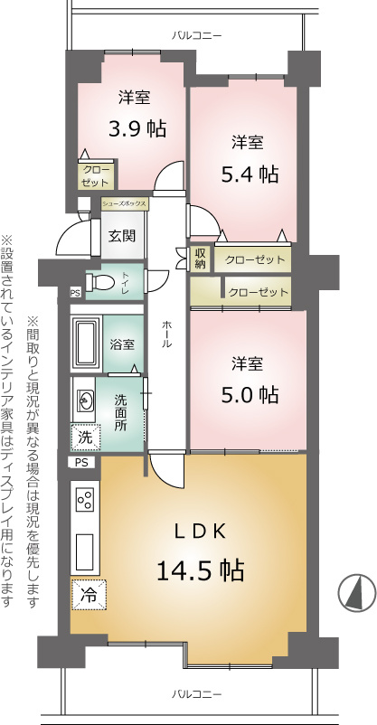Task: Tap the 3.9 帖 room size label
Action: click(x=137, y=128)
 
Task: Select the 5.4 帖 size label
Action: click(x=250, y=174)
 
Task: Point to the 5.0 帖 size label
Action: click(x=250, y=394)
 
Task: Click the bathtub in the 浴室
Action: click(x=87, y=344)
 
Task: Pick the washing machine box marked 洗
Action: click(x=85, y=437)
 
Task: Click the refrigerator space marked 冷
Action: click(x=89, y=595)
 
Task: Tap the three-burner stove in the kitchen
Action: click(x=85, y=500)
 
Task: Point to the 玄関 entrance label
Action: click(x=122, y=236)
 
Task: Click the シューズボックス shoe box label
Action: click(x=125, y=203)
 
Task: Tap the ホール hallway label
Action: click(x=166, y=334)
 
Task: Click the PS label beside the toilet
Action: click(x=75, y=293)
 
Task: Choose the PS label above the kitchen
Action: click(x=81, y=462)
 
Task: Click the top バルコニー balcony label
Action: click(x=196, y=35)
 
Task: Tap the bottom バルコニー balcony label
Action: click(x=196, y=694)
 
